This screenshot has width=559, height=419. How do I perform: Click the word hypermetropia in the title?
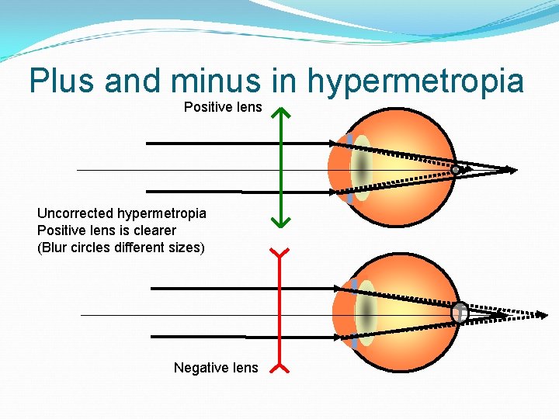pos(416,81)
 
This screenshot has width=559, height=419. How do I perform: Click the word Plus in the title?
pos(62,81)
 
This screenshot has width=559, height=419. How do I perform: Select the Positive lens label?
pos(223,107)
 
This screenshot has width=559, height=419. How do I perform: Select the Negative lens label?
pos(216,368)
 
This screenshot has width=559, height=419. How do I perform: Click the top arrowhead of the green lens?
pos(280,114)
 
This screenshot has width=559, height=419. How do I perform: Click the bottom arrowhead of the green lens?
pos(280,222)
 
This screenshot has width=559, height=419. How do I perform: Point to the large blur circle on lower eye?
pos(460,312)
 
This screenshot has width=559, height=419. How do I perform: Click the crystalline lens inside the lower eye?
pos(365,313)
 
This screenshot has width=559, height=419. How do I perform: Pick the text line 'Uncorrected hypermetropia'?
pos(122,213)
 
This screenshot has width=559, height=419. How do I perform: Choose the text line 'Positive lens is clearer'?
pos(106,230)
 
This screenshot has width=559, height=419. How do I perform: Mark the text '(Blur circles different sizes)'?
pos(121,248)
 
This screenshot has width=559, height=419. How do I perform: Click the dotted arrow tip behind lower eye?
pos(543,314)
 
